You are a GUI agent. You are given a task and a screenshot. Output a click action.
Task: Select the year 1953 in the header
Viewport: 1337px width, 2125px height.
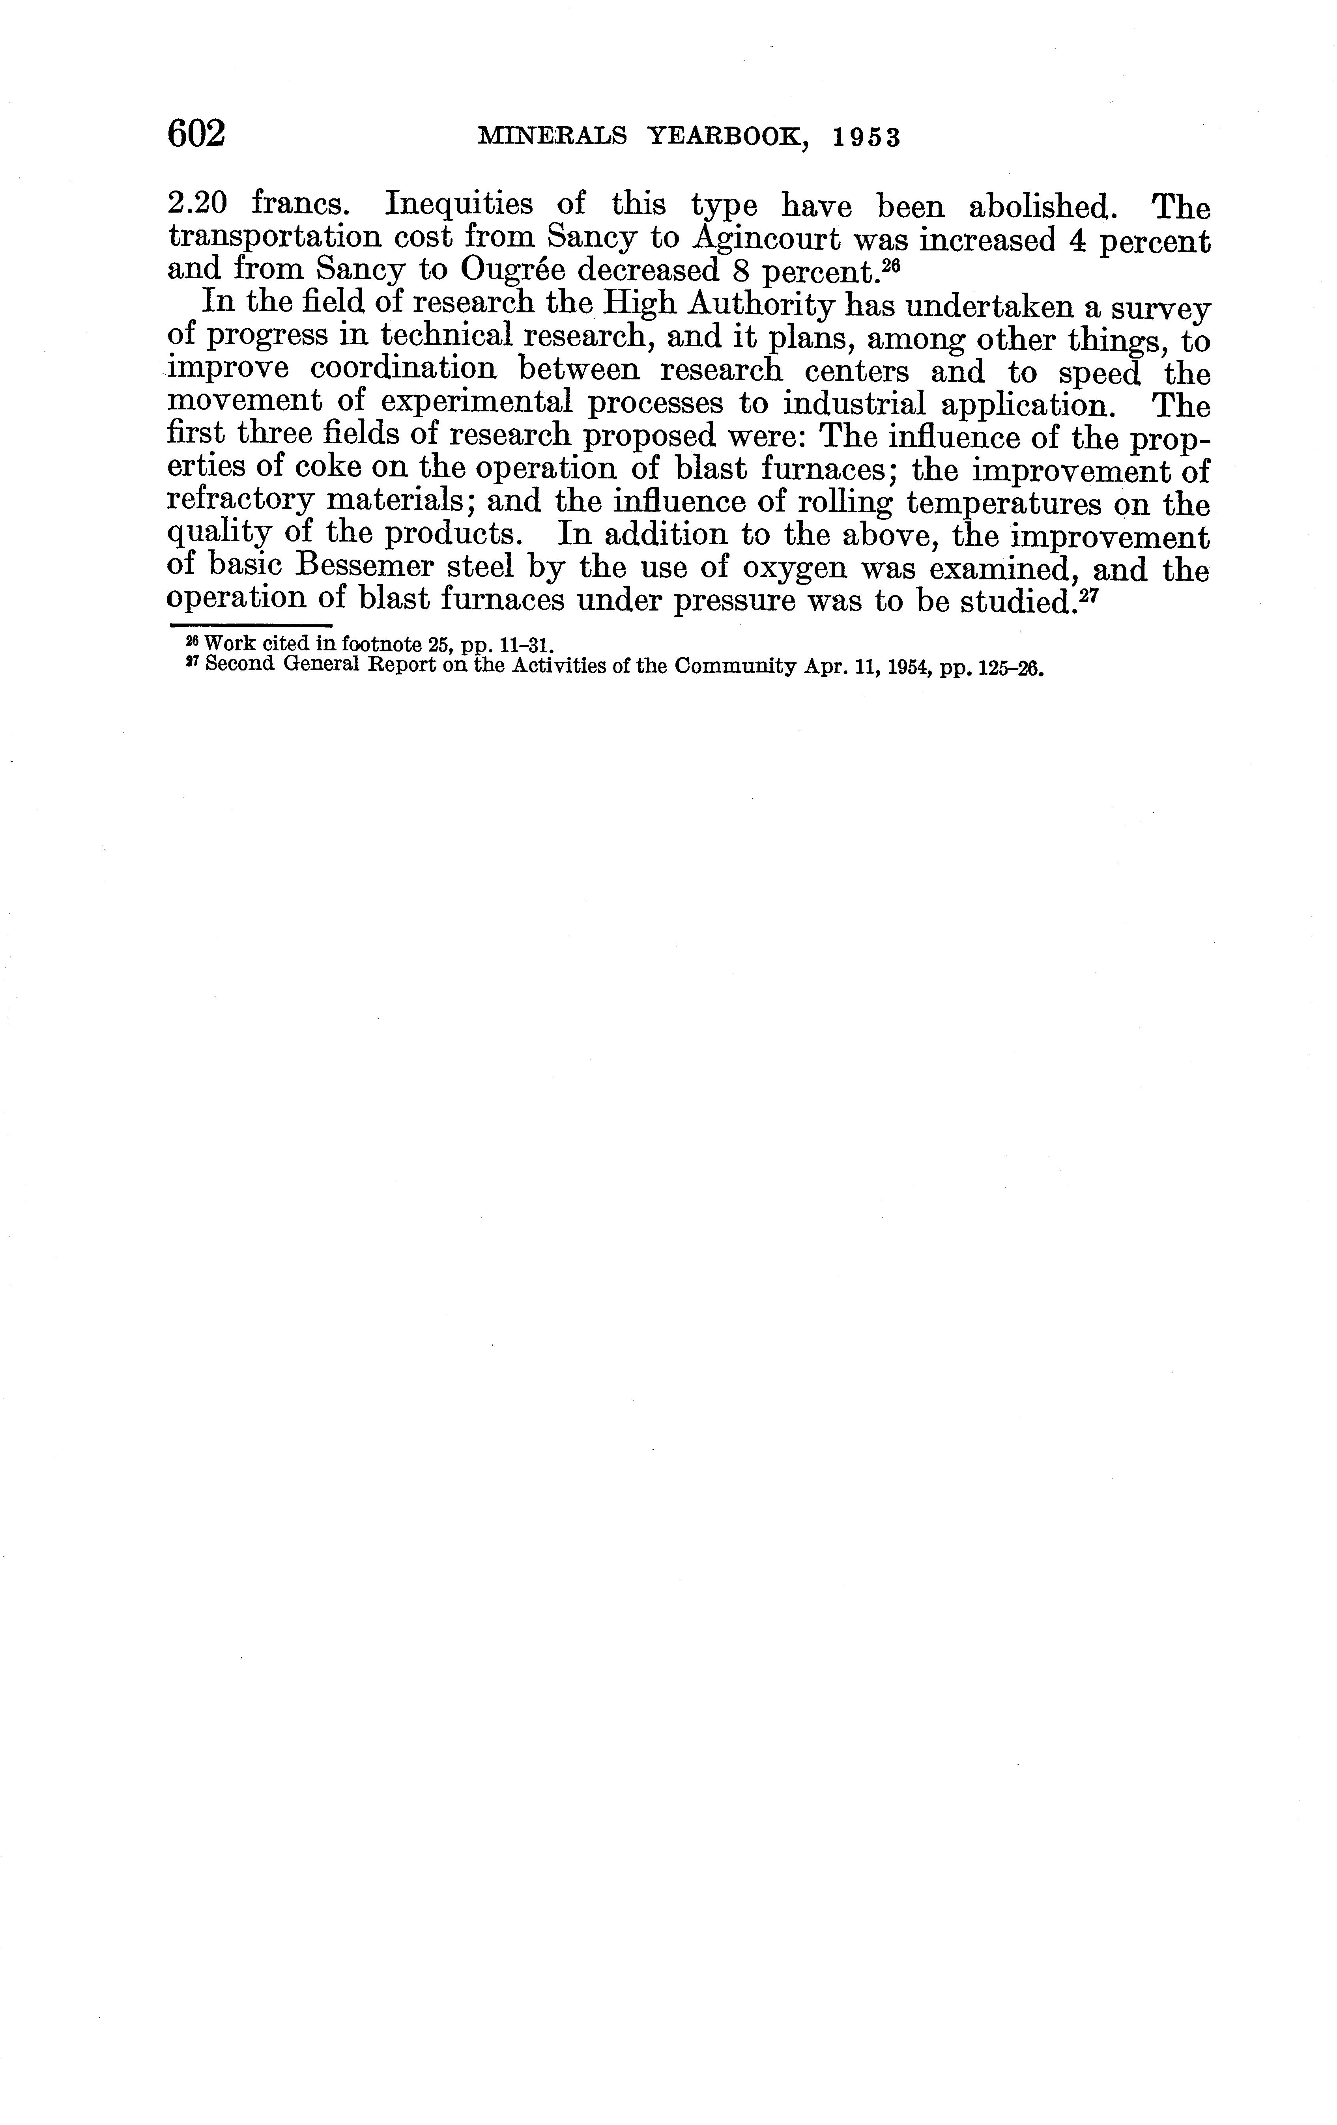pyautogui.click(x=867, y=138)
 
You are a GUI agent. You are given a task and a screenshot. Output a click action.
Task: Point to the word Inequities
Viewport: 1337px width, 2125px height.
pyautogui.click(x=458, y=205)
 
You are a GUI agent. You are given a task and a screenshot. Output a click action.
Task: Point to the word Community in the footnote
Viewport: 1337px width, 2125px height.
pyautogui.click(x=724, y=666)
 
